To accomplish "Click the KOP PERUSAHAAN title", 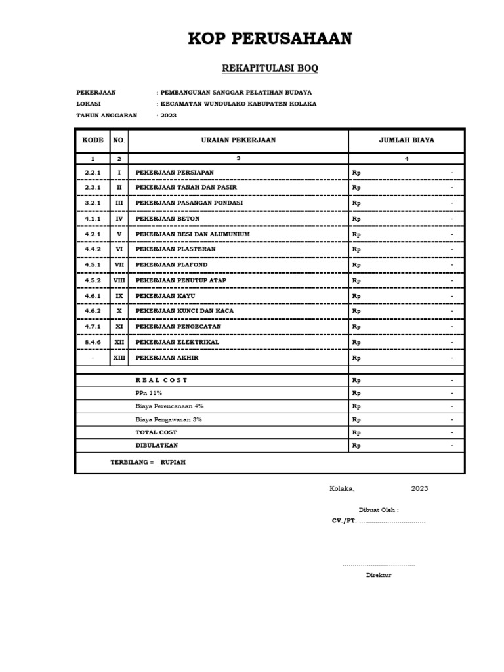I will click(270, 39).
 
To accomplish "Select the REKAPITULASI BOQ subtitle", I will click(270, 68).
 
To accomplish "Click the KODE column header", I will click(93, 140).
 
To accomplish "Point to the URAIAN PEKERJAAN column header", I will click(238, 140).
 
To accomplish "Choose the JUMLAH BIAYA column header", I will click(406, 140).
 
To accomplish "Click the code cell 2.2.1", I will click(93, 172).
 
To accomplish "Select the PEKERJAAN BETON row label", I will click(167, 219).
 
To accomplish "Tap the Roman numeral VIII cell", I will click(119, 280).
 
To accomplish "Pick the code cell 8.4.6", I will click(93, 343).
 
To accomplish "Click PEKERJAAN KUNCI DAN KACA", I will click(184, 311).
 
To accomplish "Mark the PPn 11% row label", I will click(149, 393).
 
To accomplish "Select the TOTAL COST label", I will click(156, 432).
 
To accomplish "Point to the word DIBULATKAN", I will click(157, 446).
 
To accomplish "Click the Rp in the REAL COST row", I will click(357, 381).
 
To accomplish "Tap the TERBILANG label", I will click(131, 462).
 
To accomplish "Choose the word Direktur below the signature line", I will click(379, 575).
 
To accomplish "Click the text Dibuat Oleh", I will click(379, 510).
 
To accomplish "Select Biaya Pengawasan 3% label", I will click(169, 419).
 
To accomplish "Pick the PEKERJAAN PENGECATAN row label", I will click(178, 327).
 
